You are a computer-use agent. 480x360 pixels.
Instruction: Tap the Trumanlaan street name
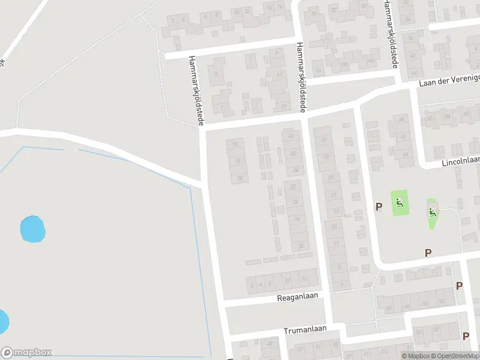coord(305,330)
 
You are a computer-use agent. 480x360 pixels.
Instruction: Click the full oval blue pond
coord(33,229)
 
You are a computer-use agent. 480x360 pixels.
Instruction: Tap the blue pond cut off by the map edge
coord(3,322)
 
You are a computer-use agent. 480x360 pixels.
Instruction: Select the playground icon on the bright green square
coord(399,203)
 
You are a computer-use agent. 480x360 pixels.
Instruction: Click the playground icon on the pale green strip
coord(433,212)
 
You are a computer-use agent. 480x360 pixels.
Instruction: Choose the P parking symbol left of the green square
coord(379,207)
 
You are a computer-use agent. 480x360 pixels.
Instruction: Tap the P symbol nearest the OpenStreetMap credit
coord(466,336)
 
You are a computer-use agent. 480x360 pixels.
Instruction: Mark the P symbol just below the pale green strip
coord(428,253)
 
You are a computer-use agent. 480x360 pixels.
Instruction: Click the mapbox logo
coord(26,353)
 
